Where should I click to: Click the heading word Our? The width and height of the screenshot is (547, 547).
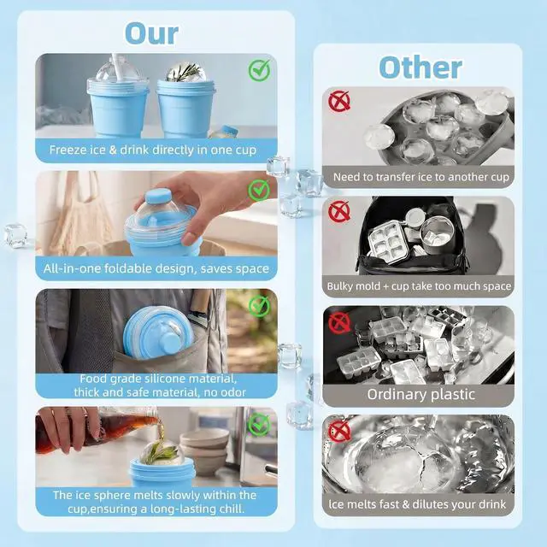pos(151,33)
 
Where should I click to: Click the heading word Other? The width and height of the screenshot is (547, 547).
pos(421,68)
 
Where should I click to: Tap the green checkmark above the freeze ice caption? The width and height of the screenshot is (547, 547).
pos(259,70)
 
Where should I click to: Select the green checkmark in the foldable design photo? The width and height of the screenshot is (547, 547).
pos(259,190)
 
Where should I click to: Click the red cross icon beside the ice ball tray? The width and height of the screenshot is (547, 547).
pos(339,101)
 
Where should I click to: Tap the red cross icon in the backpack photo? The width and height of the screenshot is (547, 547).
pos(339,211)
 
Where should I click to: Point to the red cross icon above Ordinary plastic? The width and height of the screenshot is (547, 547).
pos(339,323)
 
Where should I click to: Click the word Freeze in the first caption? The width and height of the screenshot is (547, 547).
pos(67,150)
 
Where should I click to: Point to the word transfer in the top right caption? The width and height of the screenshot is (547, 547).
pos(394,177)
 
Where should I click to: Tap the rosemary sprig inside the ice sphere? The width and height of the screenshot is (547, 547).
pos(186,72)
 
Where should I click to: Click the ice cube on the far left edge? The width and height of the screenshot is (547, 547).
pos(15,236)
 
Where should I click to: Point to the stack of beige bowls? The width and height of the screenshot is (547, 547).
pos(205,450)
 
